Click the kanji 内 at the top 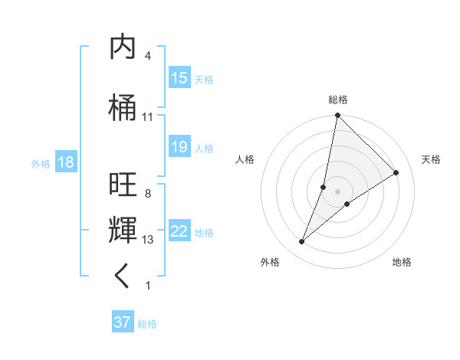tap(123, 47)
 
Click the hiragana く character tap(123, 276)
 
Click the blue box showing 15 tap(179, 78)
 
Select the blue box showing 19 tap(179, 147)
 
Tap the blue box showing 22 tap(179, 231)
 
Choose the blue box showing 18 tap(65, 163)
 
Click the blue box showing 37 tap(123, 322)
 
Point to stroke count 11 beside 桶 tap(147, 117)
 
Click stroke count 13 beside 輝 tap(147, 240)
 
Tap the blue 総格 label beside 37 tap(147, 324)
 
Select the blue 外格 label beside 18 tap(41, 164)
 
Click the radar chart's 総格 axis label tap(337, 100)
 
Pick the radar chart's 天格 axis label tap(431, 159)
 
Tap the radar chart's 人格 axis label tap(245, 159)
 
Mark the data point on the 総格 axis tap(337, 116)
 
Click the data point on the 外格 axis tap(301, 242)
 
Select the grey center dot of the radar tap(337, 191)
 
